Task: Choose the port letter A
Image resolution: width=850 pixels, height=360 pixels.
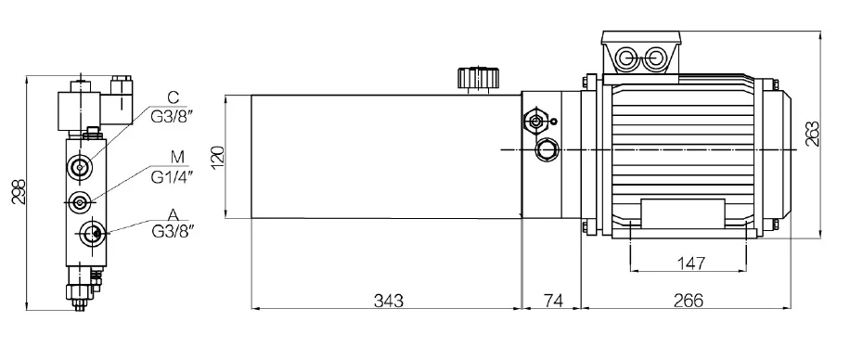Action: point(173,213)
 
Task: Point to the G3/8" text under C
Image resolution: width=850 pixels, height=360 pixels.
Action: point(173,114)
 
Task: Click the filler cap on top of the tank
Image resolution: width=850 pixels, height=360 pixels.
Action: point(476,78)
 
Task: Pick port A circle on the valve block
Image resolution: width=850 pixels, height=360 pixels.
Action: point(91,233)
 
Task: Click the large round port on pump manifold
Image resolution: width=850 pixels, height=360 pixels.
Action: point(548,148)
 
